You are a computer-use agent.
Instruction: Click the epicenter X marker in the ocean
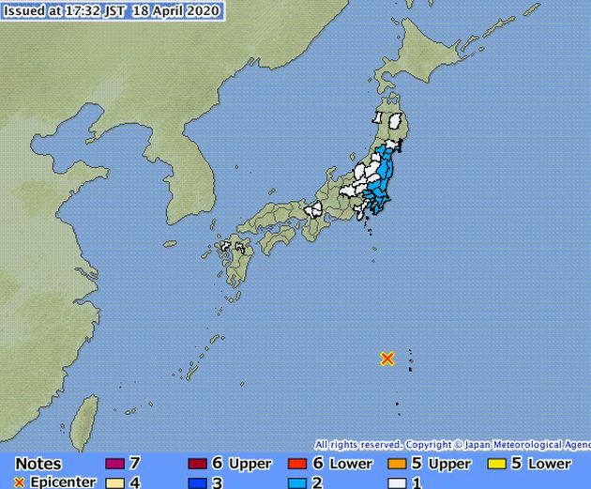pos(386,358)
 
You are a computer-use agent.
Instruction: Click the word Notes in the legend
pos(38,464)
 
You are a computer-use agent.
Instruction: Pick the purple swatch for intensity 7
pos(114,464)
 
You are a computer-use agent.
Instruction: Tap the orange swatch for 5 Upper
pos(396,464)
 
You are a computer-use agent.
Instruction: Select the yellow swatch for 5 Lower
pos(498,464)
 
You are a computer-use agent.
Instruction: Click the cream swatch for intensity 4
pos(114,482)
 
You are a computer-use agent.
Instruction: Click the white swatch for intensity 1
pos(396,482)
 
